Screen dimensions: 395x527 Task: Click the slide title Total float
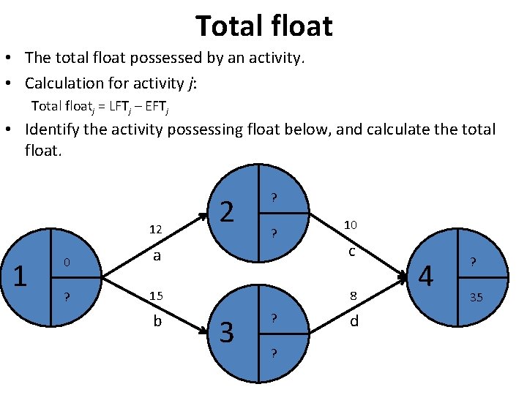point(263,26)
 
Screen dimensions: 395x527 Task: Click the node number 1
point(21,276)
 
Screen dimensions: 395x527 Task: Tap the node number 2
point(228,212)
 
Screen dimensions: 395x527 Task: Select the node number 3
point(227,333)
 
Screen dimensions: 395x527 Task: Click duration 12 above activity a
point(155,230)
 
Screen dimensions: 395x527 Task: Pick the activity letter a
point(156,256)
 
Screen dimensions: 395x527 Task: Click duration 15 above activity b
point(155,296)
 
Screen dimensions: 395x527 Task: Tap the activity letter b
point(157,320)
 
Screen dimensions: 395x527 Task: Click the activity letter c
point(351,252)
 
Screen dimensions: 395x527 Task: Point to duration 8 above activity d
point(352,296)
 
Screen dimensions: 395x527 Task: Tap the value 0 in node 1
point(66,263)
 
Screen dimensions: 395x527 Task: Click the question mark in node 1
point(67,296)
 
